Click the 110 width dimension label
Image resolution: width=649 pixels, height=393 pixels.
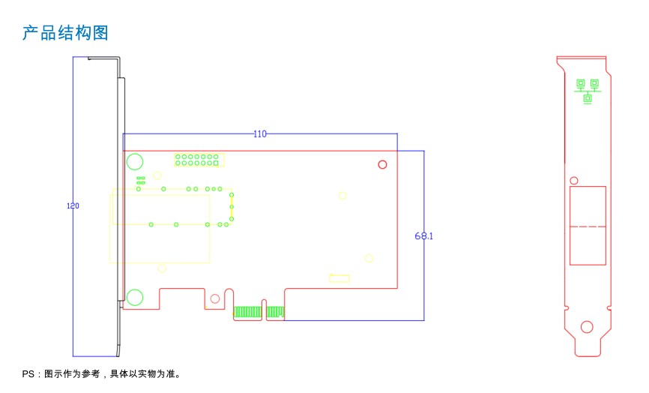pyautogui.click(x=260, y=133)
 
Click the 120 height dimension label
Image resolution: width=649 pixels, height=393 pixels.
pyautogui.click(x=73, y=205)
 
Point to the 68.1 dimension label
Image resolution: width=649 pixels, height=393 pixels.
pyautogui.click(x=424, y=236)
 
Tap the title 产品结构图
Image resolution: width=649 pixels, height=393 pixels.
pyautogui.click(x=65, y=33)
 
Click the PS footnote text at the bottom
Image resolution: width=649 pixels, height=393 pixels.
pyautogui.click(x=102, y=374)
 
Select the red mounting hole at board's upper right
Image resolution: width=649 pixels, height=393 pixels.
pyautogui.click(x=382, y=164)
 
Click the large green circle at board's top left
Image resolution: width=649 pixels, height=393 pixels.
pyautogui.click(x=135, y=161)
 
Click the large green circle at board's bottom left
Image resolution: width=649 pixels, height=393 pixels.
pyautogui.click(x=135, y=297)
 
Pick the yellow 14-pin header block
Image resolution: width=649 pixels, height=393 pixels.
pyautogui.click(x=199, y=160)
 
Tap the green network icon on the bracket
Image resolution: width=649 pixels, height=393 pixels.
pyautogui.click(x=588, y=91)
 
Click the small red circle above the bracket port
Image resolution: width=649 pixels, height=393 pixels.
pyautogui.click(x=573, y=181)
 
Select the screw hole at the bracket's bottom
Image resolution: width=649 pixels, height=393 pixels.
pyautogui.click(x=587, y=327)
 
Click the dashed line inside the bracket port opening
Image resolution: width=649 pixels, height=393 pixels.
pyautogui.click(x=588, y=226)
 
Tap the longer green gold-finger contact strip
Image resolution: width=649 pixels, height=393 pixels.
pyautogui.click(x=247, y=312)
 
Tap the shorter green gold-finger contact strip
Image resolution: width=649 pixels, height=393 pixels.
pyautogui.click(x=275, y=312)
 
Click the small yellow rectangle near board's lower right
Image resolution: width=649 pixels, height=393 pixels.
pyautogui.click(x=339, y=278)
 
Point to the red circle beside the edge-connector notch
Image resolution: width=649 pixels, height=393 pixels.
pyautogui.click(x=215, y=298)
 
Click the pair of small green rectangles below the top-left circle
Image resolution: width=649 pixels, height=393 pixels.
pyautogui.click(x=141, y=180)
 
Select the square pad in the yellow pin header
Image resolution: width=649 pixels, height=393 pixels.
pyautogui.click(x=216, y=163)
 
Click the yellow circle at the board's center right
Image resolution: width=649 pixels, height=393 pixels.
pyautogui.click(x=342, y=196)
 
